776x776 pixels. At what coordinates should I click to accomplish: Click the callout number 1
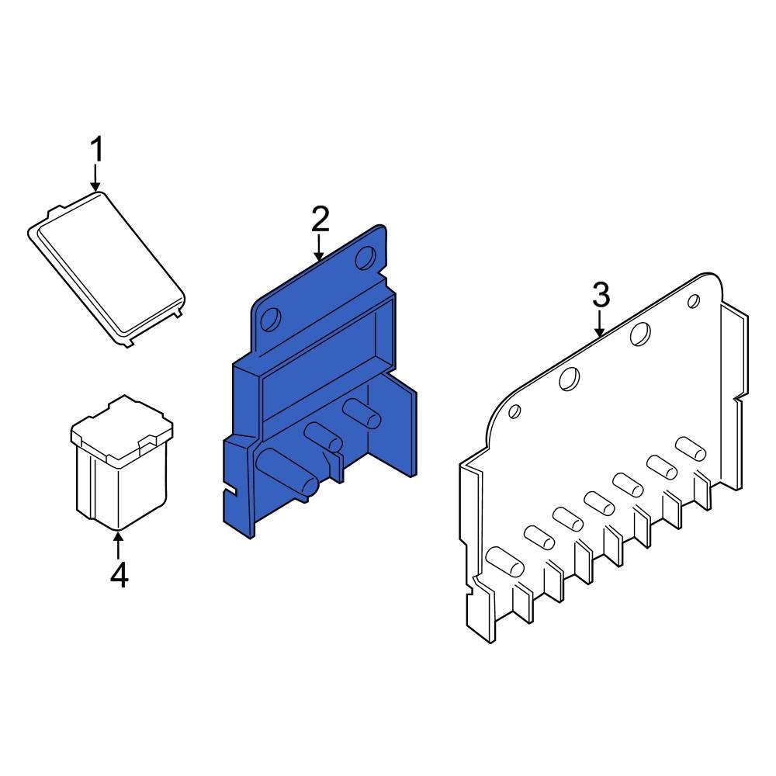tap(96, 149)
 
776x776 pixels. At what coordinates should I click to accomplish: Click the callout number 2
tap(320, 220)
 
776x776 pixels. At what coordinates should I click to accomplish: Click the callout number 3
tap(601, 296)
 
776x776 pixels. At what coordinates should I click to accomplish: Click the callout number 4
tap(119, 576)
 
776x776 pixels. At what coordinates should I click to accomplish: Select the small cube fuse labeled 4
tap(120, 473)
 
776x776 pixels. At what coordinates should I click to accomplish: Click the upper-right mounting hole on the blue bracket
tap(365, 260)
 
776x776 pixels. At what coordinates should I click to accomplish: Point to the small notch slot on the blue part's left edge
tap(230, 490)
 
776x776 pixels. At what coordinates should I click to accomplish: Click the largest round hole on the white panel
tap(640, 334)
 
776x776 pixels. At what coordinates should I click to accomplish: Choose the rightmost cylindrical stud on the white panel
tap(688, 448)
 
